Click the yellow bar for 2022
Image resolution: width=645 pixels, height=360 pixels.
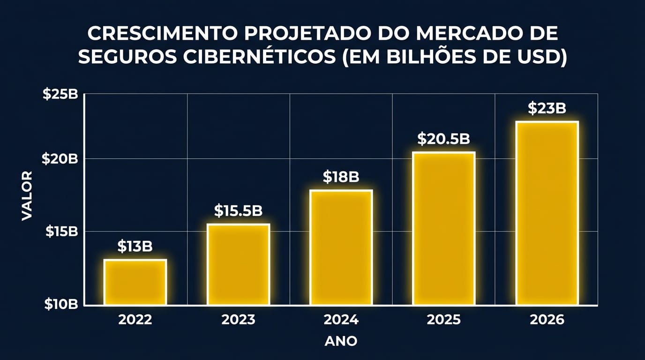click(x=135, y=282)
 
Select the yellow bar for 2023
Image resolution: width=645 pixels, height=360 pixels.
click(x=238, y=265)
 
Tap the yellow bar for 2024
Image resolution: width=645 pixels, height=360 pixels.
click(x=341, y=247)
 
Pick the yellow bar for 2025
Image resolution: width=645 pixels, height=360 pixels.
click(x=443, y=229)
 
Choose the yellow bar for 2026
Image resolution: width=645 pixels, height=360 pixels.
click(x=547, y=213)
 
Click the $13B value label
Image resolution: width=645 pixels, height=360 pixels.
click(x=135, y=246)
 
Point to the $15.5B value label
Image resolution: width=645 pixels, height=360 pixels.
click(x=238, y=210)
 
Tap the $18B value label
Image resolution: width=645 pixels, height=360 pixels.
click(x=341, y=177)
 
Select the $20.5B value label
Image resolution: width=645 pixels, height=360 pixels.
click(x=443, y=139)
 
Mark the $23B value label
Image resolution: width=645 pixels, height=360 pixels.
click(x=547, y=108)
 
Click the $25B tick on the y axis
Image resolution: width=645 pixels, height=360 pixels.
click(x=60, y=94)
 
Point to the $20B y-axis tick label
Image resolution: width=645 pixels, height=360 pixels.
click(x=60, y=159)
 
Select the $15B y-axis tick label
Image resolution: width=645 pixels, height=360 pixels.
click(x=61, y=232)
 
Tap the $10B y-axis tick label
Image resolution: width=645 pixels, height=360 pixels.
click(x=61, y=305)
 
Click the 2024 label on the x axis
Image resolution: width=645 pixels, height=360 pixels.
click(x=341, y=320)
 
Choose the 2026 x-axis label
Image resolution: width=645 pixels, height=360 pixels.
click(x=547, y=320)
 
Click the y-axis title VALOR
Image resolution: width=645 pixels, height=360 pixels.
click(x=27, y=195)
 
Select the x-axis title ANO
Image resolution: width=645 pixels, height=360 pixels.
click(x=341, y=341)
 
